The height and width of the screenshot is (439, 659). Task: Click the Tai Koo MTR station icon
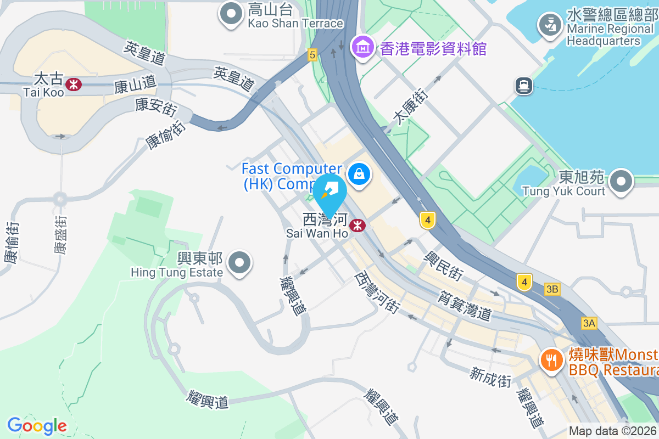tap(73, 84)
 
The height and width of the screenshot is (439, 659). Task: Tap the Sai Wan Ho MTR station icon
tap(358, 225)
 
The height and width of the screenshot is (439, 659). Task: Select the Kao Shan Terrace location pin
tap(231, 13)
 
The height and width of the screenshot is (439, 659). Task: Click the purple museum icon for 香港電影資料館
tap(363, 47)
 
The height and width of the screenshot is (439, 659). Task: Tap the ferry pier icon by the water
tap(523, 85)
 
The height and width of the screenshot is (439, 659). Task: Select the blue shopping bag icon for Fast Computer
tap(359, 175)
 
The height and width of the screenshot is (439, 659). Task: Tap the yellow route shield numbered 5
tap(312, 54)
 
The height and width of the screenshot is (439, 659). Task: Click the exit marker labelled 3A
tap(589, 323)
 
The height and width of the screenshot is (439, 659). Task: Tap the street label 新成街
tap(490, 378)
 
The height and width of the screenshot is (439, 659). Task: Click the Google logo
tap(37, 425)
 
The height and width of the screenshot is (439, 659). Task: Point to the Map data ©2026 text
tap(613, 431)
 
